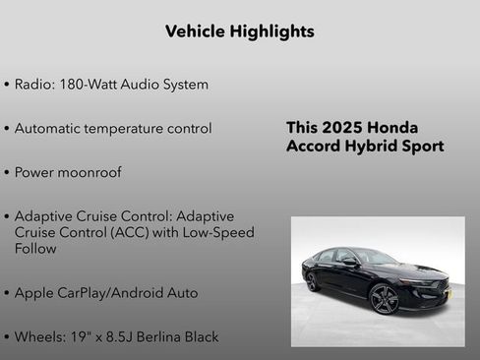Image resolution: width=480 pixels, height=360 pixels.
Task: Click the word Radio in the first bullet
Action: [x=32, y=85]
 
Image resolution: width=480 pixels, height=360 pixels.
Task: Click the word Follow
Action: [x=35, y=249]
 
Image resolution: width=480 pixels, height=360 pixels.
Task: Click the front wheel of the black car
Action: [x=384, y=298]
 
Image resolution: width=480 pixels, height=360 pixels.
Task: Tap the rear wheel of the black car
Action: [x=313, y=281]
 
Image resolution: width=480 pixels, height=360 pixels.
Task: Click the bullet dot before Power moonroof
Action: [x=7, y=173]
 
